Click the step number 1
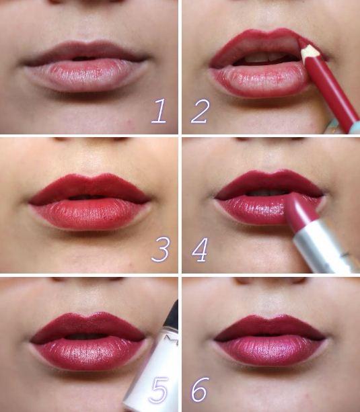point(159,111)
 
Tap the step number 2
point(201,111)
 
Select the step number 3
point(160,249)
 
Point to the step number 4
point(200,249)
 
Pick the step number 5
point(158,390)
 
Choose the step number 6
point(200,390)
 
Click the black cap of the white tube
point(174,315)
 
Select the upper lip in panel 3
point(89,188)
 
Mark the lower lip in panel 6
point(271,352)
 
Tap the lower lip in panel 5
point(89,352)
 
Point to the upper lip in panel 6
point(270,327)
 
